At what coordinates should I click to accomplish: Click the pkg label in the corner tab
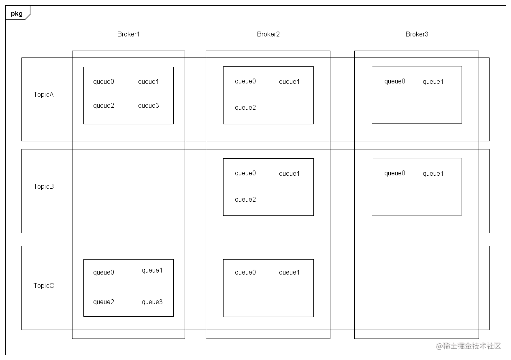(x=17, y=14)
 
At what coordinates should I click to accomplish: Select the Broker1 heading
(x=128, y=34)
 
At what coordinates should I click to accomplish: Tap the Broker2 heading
(x=268, y=34)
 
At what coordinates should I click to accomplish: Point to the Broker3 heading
(x=417, y=34)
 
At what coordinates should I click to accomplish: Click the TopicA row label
(x=44, y=94)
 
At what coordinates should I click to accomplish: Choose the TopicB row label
(x=44, y=186)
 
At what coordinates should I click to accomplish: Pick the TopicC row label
(x=44, y=285)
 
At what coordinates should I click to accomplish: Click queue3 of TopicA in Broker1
(x=149, y=106)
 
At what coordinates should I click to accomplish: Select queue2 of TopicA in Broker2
(x=245, y=108)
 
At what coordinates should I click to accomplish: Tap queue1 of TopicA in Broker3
(x=433, y=82)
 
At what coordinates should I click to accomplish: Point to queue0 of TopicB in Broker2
(x=245, y=173)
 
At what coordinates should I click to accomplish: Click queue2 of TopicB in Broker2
(x=245, y=200)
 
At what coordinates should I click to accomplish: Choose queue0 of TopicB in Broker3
(x=395, y=173)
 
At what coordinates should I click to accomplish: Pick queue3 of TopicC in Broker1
(x=152, y=302)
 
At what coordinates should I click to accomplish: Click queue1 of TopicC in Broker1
(x=152, y=271)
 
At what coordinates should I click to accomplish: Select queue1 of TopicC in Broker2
(x=289, y=273)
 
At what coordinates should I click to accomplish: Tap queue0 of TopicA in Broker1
(x=104, y=82)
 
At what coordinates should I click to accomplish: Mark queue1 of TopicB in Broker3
(x=433, y=174)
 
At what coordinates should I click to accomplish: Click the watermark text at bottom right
(x=468, y=346)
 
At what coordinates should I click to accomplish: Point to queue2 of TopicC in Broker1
(x=104, y=302)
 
